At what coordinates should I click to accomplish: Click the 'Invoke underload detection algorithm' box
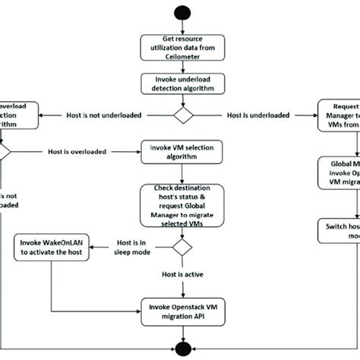(180, 84)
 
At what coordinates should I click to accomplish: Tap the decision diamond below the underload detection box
(180, 115)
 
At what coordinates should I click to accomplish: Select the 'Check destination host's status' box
(180, 204)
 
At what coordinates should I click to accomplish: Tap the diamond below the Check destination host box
(180, 247)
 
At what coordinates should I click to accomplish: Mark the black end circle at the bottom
(180, 348)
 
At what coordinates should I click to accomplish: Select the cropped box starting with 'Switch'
(338, 229)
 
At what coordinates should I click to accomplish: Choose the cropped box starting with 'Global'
(338, 173)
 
